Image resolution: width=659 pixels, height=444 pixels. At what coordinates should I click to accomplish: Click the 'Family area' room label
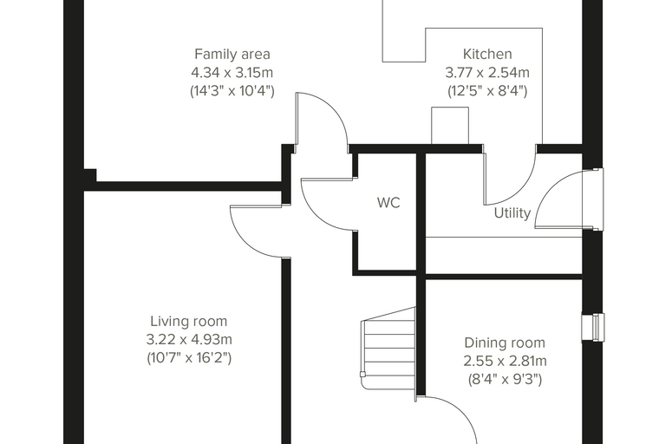tap(232, 55)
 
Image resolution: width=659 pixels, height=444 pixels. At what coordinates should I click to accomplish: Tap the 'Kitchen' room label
tap(487, 55)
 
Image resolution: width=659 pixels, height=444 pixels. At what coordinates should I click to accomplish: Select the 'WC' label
tap(388, 203)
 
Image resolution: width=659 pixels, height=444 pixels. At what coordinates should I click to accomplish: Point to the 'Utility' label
tap(512, 213)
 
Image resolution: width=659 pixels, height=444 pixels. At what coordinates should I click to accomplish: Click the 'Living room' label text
tap(189, 321)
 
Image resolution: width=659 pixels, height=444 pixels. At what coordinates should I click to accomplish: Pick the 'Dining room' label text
tap(505, 343)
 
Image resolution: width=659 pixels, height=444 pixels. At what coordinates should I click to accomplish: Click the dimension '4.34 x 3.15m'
tap(232, 73)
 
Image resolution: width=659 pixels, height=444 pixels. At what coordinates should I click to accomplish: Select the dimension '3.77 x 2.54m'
tap(487, 73)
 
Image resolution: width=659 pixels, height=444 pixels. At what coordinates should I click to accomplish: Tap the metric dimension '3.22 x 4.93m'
tap(189, 339)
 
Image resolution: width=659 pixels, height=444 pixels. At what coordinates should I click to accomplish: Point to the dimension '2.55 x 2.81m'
tap(505, 361)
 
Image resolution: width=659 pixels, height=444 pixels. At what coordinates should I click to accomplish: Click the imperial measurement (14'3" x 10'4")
tap(232, 91)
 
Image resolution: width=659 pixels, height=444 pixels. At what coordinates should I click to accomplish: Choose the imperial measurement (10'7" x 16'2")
tap(189, 358)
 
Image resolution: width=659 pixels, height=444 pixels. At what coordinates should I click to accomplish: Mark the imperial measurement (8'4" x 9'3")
tap(505, 380)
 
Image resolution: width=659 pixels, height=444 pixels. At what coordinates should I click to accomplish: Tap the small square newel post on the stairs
tap(362, 375)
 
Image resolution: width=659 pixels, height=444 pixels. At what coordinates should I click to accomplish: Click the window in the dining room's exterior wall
tap(593, 327)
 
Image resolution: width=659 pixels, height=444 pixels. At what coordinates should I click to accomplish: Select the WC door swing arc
tap(313, 214)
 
